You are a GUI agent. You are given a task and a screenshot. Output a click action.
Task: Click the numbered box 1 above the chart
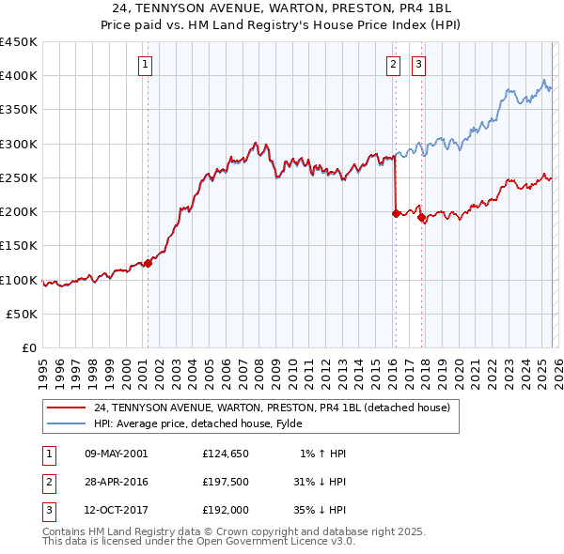point(147,65)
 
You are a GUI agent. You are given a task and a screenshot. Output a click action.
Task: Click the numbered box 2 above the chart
point(392,65)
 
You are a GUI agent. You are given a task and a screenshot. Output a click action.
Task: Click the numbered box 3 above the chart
point(418,65)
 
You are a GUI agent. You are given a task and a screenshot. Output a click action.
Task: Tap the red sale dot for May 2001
point(149,264)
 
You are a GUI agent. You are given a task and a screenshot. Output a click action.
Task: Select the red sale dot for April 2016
point(396,213)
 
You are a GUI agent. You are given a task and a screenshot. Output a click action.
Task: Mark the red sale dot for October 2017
point(421,217)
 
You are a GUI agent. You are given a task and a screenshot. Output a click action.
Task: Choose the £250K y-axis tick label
point(19,177)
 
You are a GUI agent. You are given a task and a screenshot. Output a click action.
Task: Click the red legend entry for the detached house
point(273,408)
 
